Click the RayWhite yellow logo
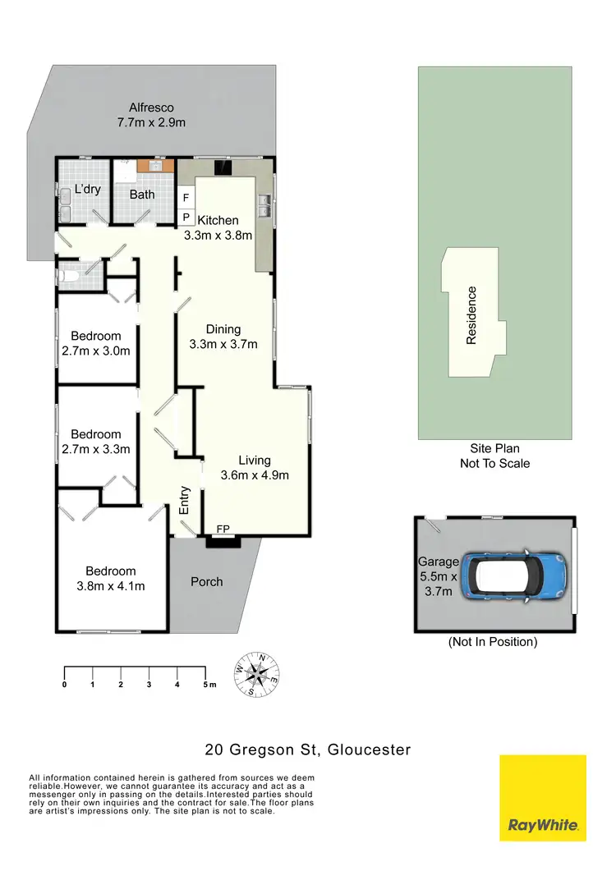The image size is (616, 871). coord(543,797)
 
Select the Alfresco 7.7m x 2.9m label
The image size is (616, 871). coord(151,115)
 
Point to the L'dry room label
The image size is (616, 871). coord(87,190)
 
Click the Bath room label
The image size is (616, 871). coord(142,195)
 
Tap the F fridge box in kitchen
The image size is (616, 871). coord(186,199)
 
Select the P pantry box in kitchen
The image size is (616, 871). coord(186,218)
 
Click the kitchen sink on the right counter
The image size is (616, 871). coord(264,204)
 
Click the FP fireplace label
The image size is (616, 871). coord(223,529)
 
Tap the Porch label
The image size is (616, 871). coord(207,581)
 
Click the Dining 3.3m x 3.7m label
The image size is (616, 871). coord(223,337)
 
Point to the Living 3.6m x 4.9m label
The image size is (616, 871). coord(255,467)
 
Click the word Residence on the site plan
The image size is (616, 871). coord(472,314)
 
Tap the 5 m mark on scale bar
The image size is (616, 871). coord(207,684)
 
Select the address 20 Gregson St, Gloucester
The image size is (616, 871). coord(308,750)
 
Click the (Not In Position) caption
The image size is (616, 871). coord(493,642)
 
